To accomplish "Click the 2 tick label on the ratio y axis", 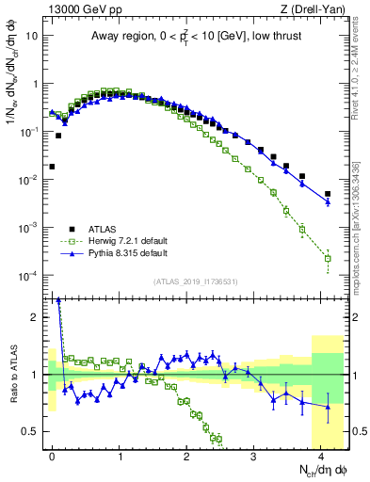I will pos(36,317).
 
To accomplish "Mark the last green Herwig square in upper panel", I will pos(328,258).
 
